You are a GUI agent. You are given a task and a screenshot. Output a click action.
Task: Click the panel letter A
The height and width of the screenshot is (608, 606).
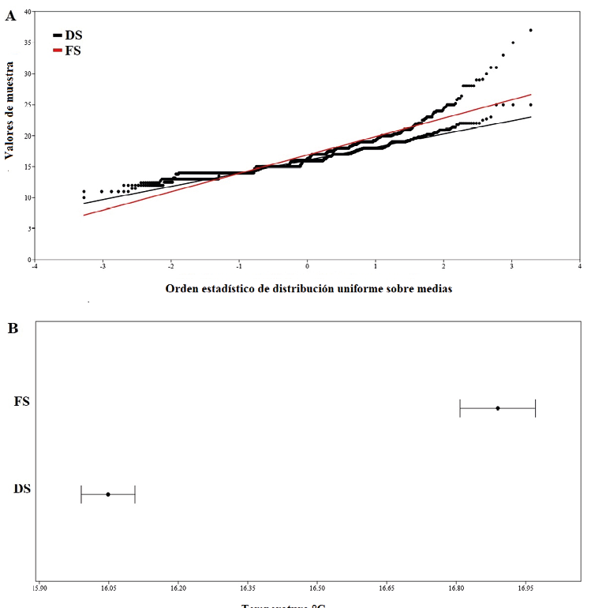click(x=10, y=15)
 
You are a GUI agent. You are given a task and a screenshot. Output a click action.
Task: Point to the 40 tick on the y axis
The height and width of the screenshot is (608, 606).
click(x=28, y=12)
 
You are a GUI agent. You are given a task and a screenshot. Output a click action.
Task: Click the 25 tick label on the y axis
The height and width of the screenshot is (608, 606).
click(x=28, y=104)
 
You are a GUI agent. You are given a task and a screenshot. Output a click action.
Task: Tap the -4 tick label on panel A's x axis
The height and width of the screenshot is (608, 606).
click(x=34, y=266)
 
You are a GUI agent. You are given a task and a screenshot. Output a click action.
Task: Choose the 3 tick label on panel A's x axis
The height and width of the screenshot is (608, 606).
click(x=512, y=266)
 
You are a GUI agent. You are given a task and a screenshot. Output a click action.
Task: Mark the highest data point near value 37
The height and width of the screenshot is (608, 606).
click(x=531, y=30)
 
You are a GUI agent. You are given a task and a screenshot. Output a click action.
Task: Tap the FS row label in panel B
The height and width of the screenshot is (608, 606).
click(x=22, y=402)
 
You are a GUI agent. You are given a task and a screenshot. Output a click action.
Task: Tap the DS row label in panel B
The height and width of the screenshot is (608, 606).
click(x=22, y=489)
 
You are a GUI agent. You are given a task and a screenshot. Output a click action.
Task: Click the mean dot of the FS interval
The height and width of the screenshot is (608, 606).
click(x=498, y=408)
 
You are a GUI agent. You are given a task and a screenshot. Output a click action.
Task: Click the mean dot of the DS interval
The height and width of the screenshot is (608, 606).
click(x=108, y=494)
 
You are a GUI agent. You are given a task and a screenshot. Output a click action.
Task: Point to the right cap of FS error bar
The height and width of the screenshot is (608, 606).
click(x=536, y=408)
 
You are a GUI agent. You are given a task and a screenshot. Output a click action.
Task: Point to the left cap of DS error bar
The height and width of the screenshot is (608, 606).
click(x=81, y=494)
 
